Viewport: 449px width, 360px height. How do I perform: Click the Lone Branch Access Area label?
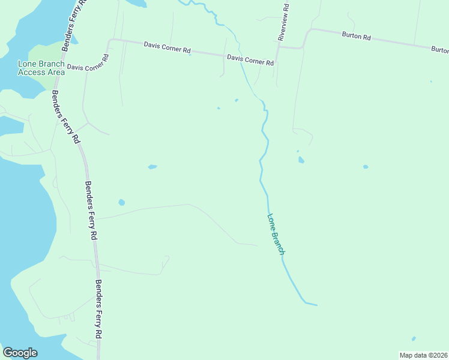41,68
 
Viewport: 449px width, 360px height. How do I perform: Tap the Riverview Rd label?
284,22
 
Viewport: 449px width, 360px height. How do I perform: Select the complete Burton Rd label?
357,37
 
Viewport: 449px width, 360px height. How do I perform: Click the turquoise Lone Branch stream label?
276,235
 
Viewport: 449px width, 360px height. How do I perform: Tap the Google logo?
20,353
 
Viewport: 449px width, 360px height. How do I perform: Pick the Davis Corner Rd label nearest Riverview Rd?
250,60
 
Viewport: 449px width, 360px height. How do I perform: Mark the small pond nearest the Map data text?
414,338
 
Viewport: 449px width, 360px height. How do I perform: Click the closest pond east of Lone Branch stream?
301,160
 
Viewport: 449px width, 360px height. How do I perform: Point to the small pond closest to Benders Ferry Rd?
122,202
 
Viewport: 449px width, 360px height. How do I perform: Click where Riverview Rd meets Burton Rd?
304,46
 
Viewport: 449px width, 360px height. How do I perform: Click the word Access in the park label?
32,73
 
